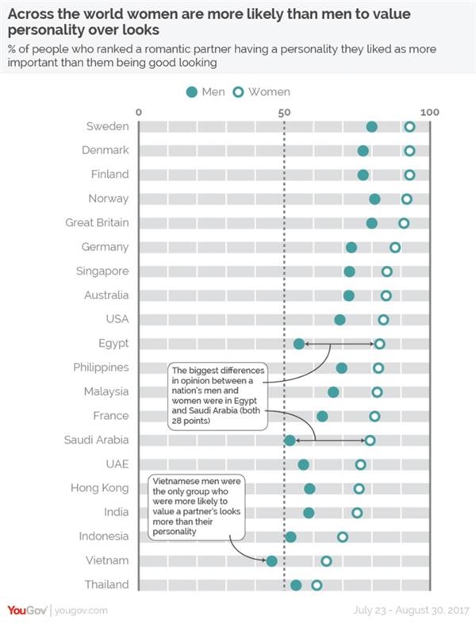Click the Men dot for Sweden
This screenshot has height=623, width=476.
pos(371,127)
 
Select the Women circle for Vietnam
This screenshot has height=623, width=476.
pos(326,561)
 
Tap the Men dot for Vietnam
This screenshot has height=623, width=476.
pos(272,561)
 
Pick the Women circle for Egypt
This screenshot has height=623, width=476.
pos(380,344)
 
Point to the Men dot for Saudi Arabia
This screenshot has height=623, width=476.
pos(290,440)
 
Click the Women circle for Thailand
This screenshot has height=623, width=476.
pos(317,585)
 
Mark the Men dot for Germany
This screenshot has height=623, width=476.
pos(351,248)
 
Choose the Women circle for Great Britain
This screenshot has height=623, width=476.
pos(404,223)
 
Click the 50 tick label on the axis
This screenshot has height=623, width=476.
pos(284,113)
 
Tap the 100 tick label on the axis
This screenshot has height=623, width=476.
pos(430,113)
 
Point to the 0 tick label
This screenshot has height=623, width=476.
pos(139,113)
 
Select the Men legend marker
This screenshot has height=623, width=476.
pos(191,92)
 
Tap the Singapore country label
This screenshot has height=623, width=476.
pos(102,271)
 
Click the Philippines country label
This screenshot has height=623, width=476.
pos(101,367)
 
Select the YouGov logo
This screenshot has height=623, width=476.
pos(26,610)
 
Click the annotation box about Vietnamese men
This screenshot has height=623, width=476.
pos(199,506)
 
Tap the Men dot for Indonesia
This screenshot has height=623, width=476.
pos(290,537)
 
